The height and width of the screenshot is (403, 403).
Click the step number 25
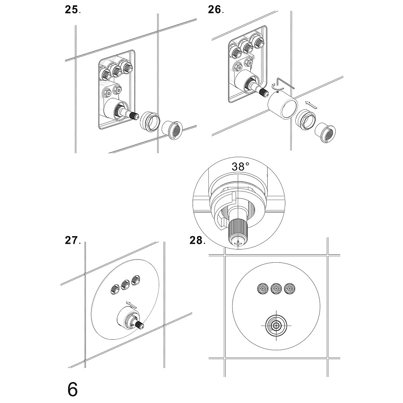72,10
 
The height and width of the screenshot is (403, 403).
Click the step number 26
215,10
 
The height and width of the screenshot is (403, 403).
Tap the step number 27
72,241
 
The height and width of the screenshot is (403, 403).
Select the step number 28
197,241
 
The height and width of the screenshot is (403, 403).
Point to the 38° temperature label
240,166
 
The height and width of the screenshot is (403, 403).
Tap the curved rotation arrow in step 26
275,86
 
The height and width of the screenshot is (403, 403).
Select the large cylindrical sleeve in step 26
283,106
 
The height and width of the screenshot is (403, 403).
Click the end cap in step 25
172,129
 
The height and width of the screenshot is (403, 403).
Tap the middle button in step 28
276,288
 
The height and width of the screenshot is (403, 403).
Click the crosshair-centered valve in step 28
276,326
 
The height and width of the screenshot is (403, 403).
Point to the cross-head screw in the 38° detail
238,242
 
